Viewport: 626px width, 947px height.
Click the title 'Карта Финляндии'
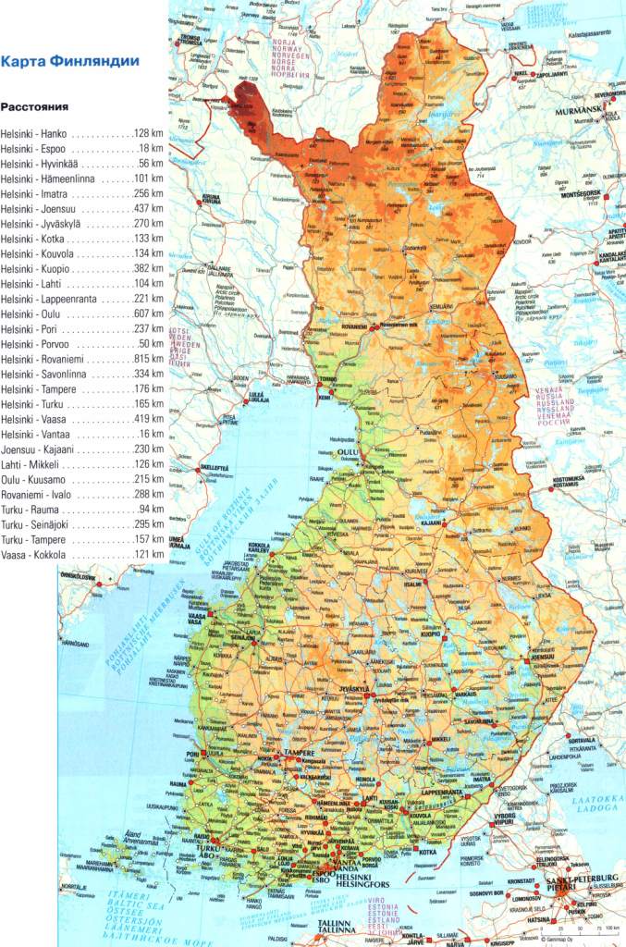(x=70, y=63)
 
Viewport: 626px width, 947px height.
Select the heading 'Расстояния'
(x=37, y=106)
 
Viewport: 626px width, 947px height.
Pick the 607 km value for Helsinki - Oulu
(x=148, y=313)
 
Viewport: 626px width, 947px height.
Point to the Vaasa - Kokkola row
(x=82, y=554)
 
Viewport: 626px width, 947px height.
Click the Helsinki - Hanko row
(x=82, y=133)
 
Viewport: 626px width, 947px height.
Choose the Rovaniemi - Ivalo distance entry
(x=82, y=494)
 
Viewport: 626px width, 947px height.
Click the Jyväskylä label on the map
(x=355, y=690)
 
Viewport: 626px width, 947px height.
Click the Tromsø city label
(x=190, y=40)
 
